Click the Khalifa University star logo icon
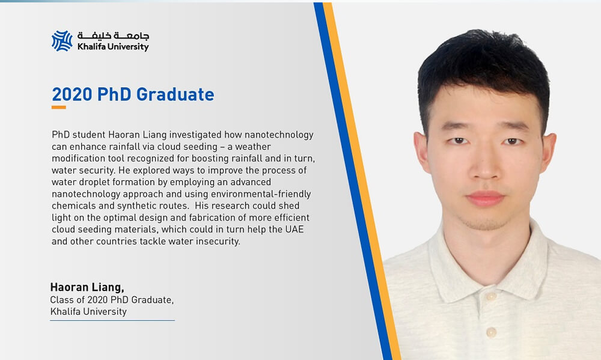tap(62, 41)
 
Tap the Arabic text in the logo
tap(113, 35)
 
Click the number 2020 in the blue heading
tap(72, 94)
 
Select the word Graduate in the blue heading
tap(175, 94)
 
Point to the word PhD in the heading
tap(114, 94)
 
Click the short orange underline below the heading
tap(59, 108)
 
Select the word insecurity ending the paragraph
tap(217, 241)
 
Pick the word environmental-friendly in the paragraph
tap(261, 194)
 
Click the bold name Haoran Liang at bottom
tap(87, 287)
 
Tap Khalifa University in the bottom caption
tap(88, 311)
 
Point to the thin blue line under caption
tap(112, 320)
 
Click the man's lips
tap(485, 198)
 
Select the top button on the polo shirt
tap(491, 296)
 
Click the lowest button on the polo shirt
tap(492, 332)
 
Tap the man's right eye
tap(458, 141)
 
